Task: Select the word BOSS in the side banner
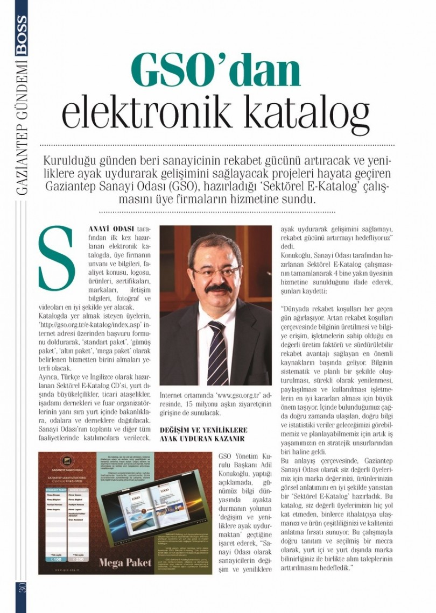tap(21, 34)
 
